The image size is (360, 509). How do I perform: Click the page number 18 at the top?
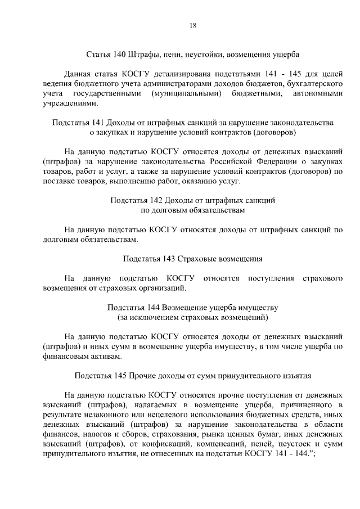pos(192,25)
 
